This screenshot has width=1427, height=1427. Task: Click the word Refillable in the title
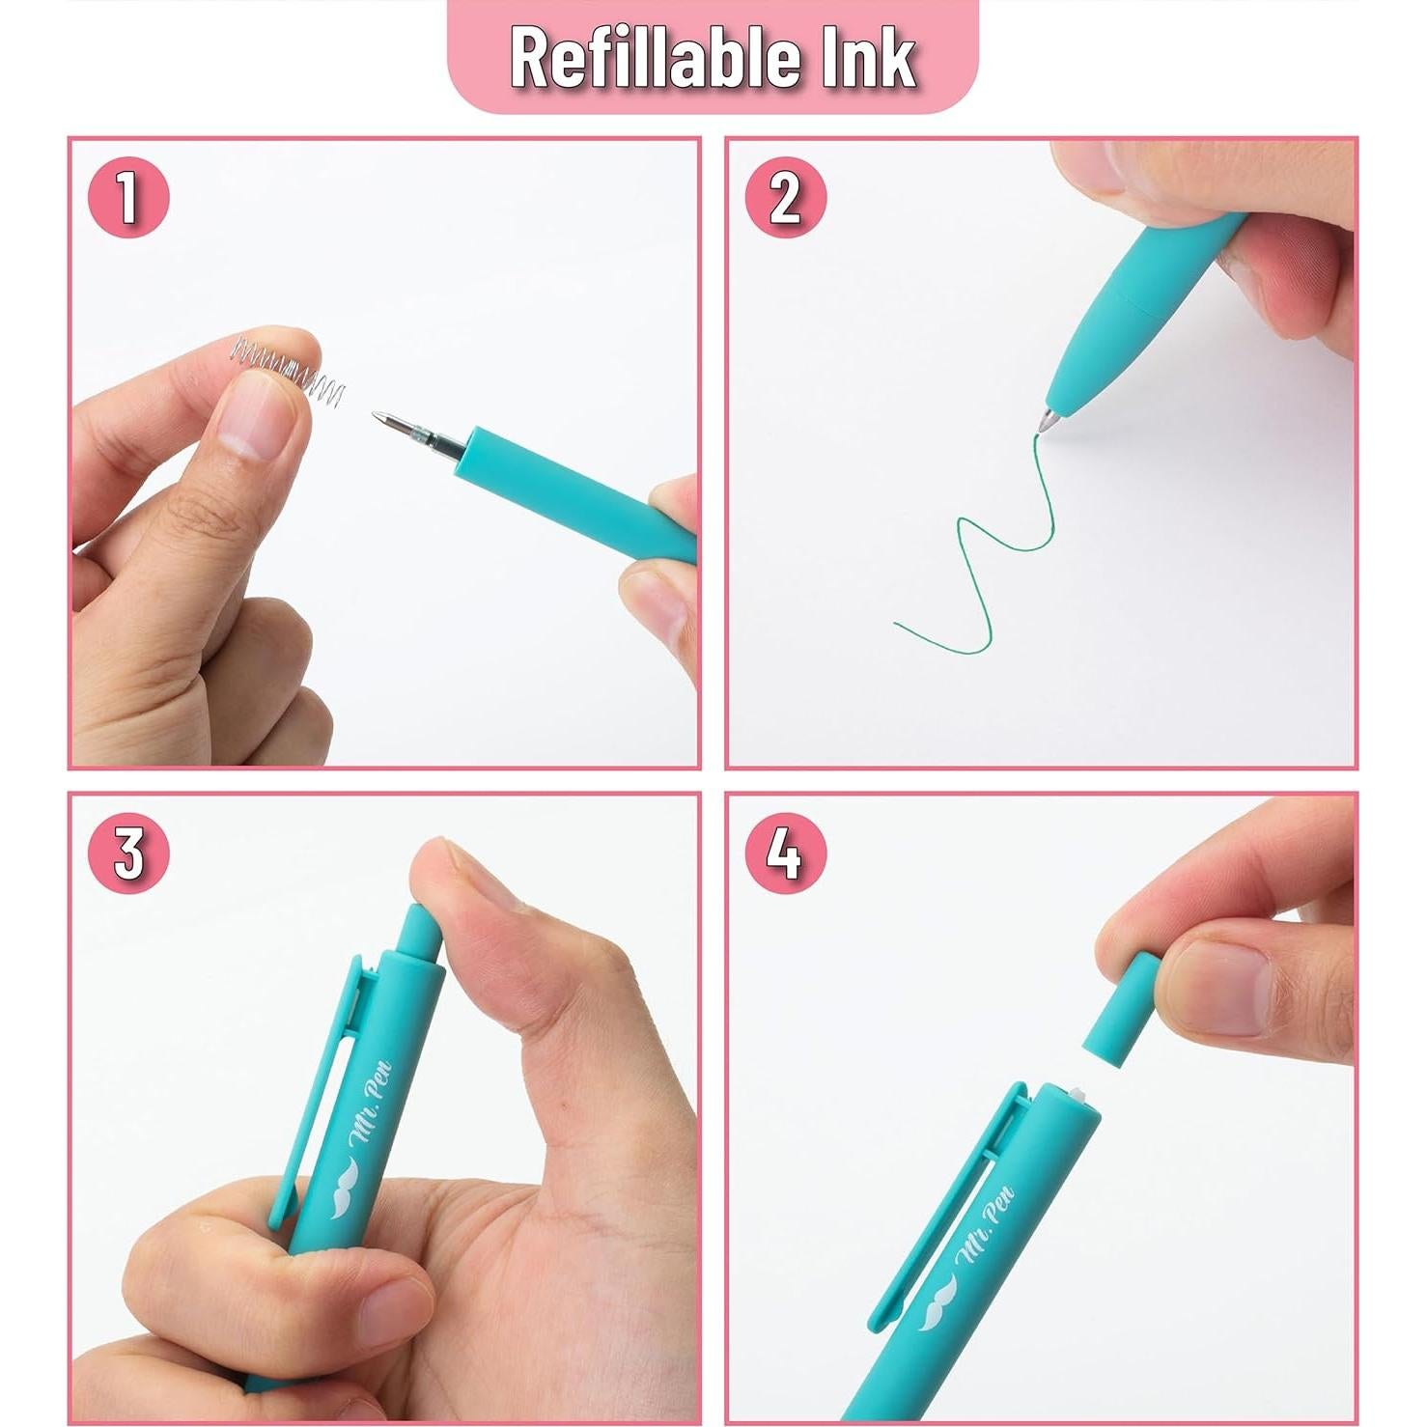pos(657,58)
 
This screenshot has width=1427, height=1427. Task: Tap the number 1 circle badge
pos(128,197)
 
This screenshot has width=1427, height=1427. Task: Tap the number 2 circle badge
pos(785,197)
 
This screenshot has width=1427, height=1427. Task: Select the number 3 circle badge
pos(128,853)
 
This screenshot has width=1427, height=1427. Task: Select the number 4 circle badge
pos(785,853)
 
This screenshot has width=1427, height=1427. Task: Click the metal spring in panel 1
pos(290,372)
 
